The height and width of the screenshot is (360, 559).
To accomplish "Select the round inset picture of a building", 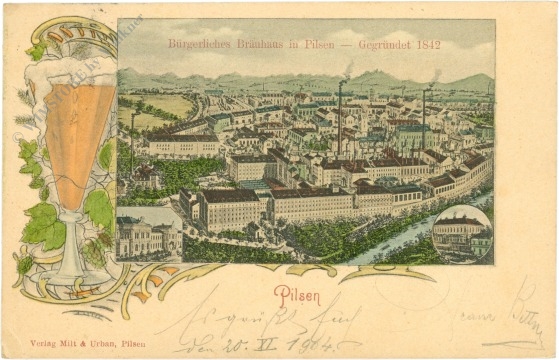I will click(x=461, y=233).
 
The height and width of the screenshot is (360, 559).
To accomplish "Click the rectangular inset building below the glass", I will click(x=148, y=238).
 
